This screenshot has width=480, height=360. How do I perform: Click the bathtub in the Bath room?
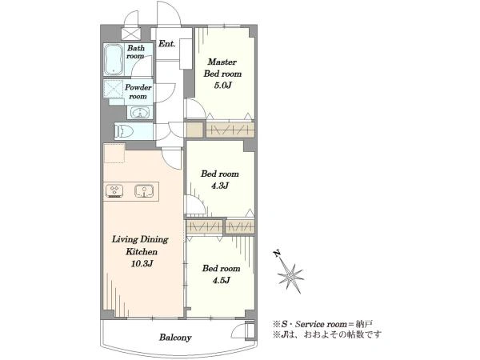click(114, 60)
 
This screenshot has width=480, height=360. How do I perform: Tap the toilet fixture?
click(124, 132)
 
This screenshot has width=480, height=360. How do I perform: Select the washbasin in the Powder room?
click(140, 112)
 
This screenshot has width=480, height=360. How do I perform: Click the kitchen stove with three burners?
click(114, 191)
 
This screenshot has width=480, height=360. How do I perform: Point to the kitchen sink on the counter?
click(144, 191)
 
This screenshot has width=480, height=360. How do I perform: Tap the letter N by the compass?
click(277, 254)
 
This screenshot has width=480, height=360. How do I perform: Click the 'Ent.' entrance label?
click(167, 44)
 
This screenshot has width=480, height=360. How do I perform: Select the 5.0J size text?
click(222, 86)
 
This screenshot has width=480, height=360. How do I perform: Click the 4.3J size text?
click(220, 186)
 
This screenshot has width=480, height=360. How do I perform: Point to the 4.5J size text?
click(221, 280)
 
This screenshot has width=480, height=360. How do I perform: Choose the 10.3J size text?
click(142, 263)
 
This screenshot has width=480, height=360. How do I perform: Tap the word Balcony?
click(175, 338)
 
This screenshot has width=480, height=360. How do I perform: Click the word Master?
click(222, 62)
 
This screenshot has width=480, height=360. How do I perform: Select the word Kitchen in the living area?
click(142, 252)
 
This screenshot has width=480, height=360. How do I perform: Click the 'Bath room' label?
click(136, 52)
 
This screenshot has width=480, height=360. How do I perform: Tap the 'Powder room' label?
click(138, 91)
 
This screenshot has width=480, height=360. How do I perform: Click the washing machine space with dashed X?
click(114, 89)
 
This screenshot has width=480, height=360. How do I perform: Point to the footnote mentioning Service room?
click(322, 324)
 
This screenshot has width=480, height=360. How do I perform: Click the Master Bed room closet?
click(230, 130)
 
